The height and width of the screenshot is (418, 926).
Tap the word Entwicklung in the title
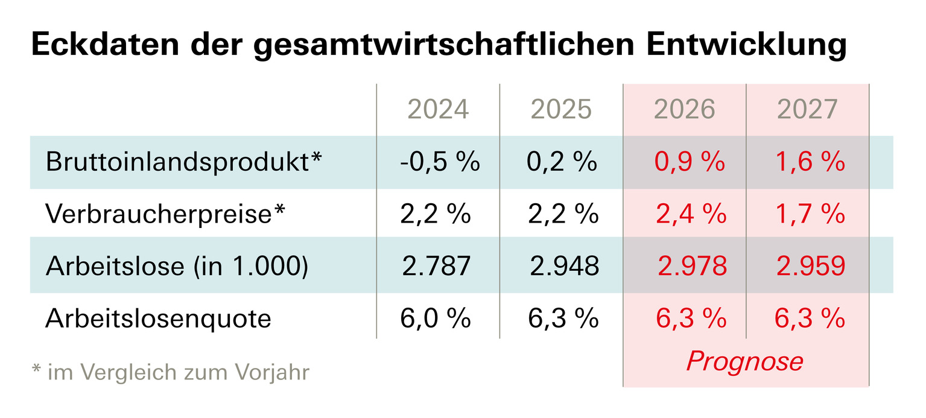click(746, 45)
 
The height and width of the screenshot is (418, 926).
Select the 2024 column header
click(438, 110)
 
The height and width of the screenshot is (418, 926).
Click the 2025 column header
click(561, 110)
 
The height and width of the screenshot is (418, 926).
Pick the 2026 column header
click(684, 110)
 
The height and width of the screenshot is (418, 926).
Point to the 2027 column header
click(807, 110)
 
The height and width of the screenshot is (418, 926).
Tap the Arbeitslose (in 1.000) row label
click(177, 267)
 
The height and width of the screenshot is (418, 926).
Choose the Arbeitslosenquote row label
click(158, 318)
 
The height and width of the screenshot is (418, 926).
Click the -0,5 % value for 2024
click(439, 162)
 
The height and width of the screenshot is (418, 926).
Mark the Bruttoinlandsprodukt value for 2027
click(810, 162)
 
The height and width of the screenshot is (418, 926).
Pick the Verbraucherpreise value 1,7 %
click(810, 214)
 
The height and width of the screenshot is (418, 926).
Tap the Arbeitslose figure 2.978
click(693, 267)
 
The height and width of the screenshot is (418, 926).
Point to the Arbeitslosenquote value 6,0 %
click(436, 318)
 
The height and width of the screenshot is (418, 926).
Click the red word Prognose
click(745, 361)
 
